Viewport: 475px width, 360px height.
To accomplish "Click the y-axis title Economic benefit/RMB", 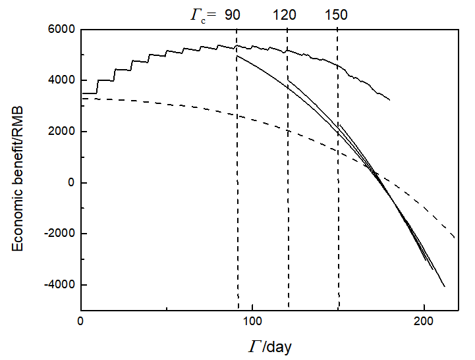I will coord(20,170).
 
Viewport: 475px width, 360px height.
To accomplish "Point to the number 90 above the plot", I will coord(233,14).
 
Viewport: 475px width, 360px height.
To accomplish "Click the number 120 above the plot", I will coord(285,14).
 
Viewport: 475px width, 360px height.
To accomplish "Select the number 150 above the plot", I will coord(336,14).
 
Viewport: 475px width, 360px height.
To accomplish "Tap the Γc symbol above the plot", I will coord(198,14).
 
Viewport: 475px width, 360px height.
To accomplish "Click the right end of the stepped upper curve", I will coord(390,100).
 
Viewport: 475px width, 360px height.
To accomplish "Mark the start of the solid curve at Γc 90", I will coord(236,56).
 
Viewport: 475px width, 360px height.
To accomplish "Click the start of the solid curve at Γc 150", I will coord(339,124).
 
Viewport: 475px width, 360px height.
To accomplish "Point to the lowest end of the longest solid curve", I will coord(445,286).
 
